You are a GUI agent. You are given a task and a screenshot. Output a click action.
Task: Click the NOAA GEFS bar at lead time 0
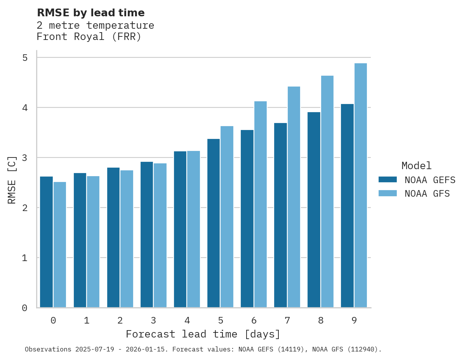tap(46, 242)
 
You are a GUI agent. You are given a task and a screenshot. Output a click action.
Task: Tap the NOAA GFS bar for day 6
tap(261, 204)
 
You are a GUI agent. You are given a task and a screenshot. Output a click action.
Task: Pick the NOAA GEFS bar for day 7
tap(280, 215)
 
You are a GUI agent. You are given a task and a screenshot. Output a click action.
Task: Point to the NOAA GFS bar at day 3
tap(160, 235)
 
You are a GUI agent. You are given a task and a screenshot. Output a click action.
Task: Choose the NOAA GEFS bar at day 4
tap(180, 229)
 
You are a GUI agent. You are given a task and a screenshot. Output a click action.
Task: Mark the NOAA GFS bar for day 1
tap(93, 242)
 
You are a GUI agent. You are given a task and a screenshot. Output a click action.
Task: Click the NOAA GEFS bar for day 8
tap(314, 210)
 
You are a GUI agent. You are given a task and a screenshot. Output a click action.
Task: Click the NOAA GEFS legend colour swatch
tap(388, 180)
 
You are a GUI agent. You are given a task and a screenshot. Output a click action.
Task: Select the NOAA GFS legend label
tap(427, 194)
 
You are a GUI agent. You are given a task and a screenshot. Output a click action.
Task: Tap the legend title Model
tap(416, 166)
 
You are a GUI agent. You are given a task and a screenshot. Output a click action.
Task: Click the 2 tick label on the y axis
tap(25, 208)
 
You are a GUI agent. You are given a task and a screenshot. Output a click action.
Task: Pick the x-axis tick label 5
tap(221, 320)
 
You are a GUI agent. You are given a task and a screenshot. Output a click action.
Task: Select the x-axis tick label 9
tap(354, 320)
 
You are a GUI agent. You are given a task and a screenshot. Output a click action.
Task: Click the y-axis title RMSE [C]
tap(12, 180)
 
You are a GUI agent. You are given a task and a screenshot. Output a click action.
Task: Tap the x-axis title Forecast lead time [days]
tap(203, 334)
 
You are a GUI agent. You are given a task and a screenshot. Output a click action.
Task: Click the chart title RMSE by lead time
tap(90, 13)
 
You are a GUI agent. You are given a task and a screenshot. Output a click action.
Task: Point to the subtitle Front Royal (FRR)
tap(89, 37)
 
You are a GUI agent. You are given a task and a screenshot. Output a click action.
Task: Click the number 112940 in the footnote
tap(363, 350)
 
